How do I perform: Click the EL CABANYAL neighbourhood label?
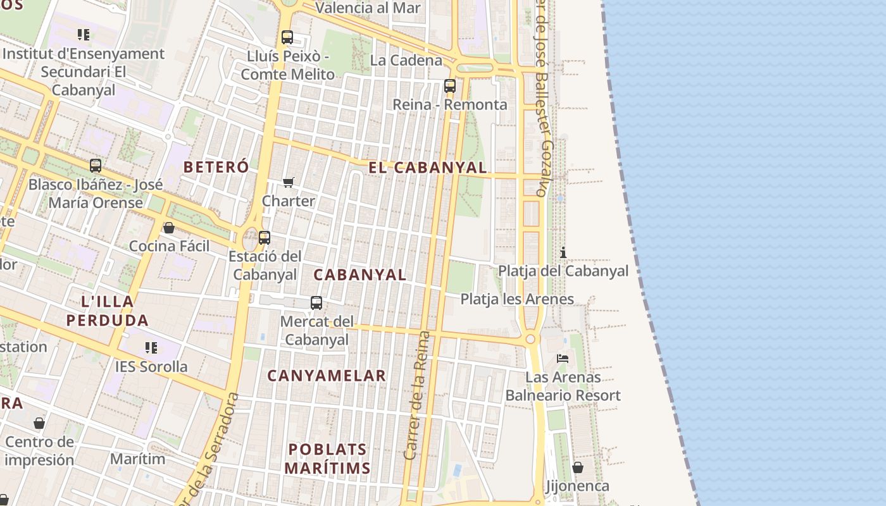coord(428,168)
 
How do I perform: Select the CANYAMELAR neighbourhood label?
coord(326,376)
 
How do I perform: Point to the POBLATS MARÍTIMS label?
coord(327,459)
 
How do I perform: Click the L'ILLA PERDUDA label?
coord(108,311)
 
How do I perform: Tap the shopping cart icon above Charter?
coord(289,183)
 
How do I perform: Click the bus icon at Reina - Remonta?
coord(450,86)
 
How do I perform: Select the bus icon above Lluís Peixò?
coord(287,37)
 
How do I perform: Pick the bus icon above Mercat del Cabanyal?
coord(316,303)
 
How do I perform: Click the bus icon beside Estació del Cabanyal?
coord(265,238)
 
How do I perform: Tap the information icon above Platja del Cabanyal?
coord(563,253)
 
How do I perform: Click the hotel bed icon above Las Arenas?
coord(563,359)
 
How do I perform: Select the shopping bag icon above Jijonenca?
coord(578,467)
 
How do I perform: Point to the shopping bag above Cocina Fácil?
coord(169,228)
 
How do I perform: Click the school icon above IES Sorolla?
coord(151,348)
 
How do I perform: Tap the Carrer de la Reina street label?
coord(416,395)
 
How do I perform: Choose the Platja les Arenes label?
coord(517,299)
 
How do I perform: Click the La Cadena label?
coord(406,61)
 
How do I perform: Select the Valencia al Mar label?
coord(368,8)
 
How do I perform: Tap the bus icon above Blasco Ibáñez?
coord(96,166)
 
